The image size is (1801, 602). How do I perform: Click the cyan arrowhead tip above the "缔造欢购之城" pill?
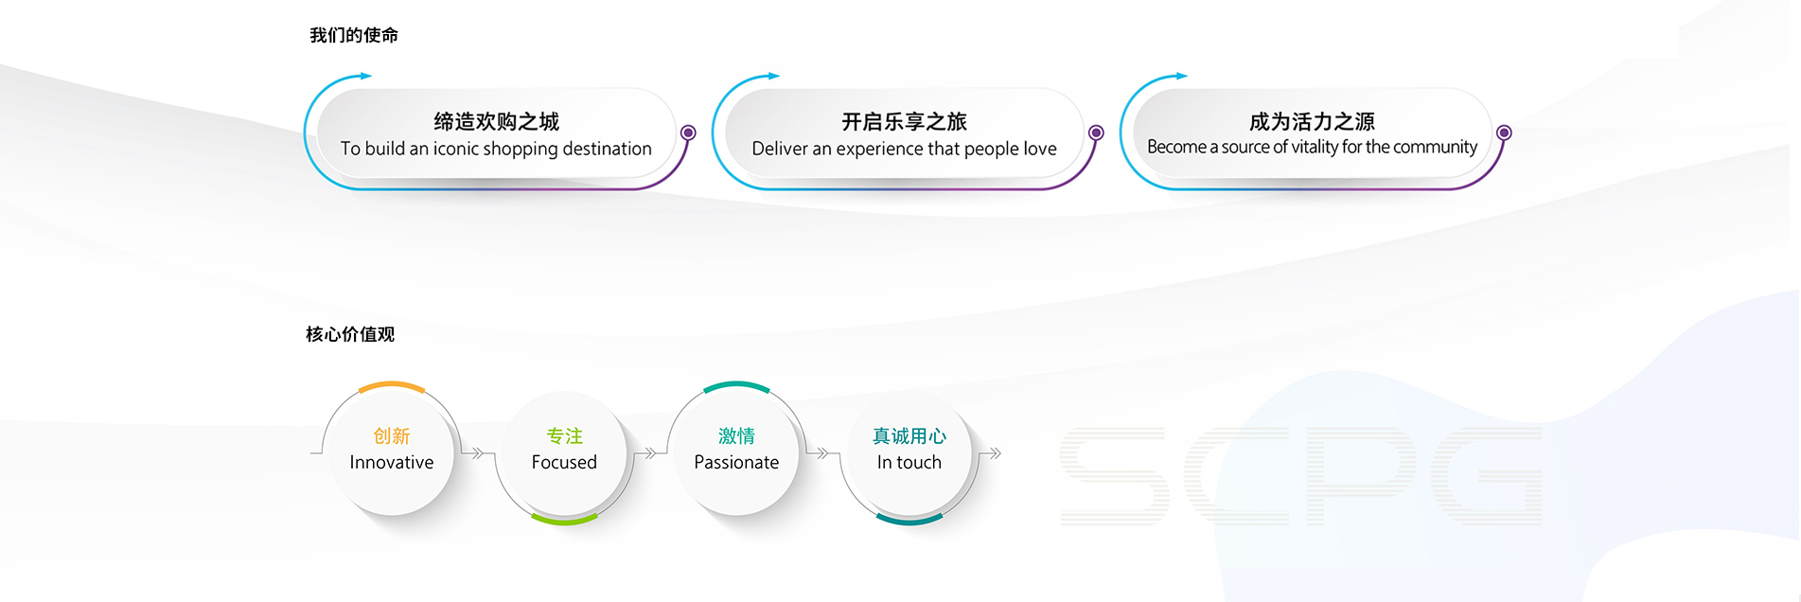(372, 76)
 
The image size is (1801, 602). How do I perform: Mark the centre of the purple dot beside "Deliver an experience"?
(1096, 133)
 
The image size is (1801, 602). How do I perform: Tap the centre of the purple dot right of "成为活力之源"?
(1504, 133)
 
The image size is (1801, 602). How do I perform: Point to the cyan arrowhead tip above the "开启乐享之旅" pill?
(780, 76)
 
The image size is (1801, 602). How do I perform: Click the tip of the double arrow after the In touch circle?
(1001, 453)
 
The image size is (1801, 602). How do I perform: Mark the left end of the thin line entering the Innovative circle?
(310, 453)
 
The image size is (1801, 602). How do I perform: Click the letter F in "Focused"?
(537, 462)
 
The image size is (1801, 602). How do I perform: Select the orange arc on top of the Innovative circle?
(392, 385)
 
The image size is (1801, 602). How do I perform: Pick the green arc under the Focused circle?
(564, 520)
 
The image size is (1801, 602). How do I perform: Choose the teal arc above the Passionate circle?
(736, 385)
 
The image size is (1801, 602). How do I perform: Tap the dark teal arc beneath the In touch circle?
(909, 520)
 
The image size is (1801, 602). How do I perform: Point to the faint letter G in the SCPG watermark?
(1486, 476)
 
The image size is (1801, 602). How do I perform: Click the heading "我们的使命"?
(354, 35)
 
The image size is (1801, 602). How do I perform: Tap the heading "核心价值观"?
(350, 334)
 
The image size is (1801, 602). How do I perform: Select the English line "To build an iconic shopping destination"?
(496, 149)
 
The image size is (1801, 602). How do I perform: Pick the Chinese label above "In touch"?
(909, 435)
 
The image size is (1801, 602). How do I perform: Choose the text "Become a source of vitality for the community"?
(1312, 147)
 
